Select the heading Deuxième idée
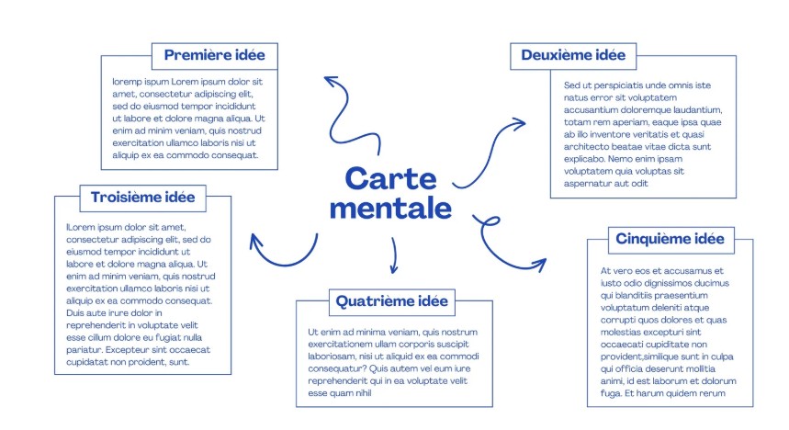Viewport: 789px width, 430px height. (573, 55)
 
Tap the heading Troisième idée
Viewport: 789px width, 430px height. (142, 197)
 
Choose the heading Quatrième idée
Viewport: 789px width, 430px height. (391, 300)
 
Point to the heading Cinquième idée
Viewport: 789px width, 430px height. (671, 240)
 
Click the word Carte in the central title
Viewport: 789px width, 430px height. (391, 178)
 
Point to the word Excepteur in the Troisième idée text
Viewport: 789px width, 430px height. (134, 350)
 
